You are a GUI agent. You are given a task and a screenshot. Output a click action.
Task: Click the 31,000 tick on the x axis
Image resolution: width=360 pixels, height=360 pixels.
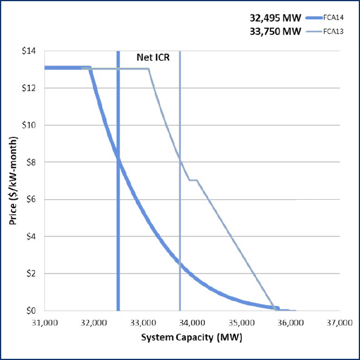44,322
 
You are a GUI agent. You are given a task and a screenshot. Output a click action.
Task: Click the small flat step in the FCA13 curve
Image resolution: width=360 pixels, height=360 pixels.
193,180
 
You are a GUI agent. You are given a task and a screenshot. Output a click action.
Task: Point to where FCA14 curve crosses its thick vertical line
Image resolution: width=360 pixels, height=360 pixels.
118,160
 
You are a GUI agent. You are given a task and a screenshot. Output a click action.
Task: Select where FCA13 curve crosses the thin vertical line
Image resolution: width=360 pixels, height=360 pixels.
180,159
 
